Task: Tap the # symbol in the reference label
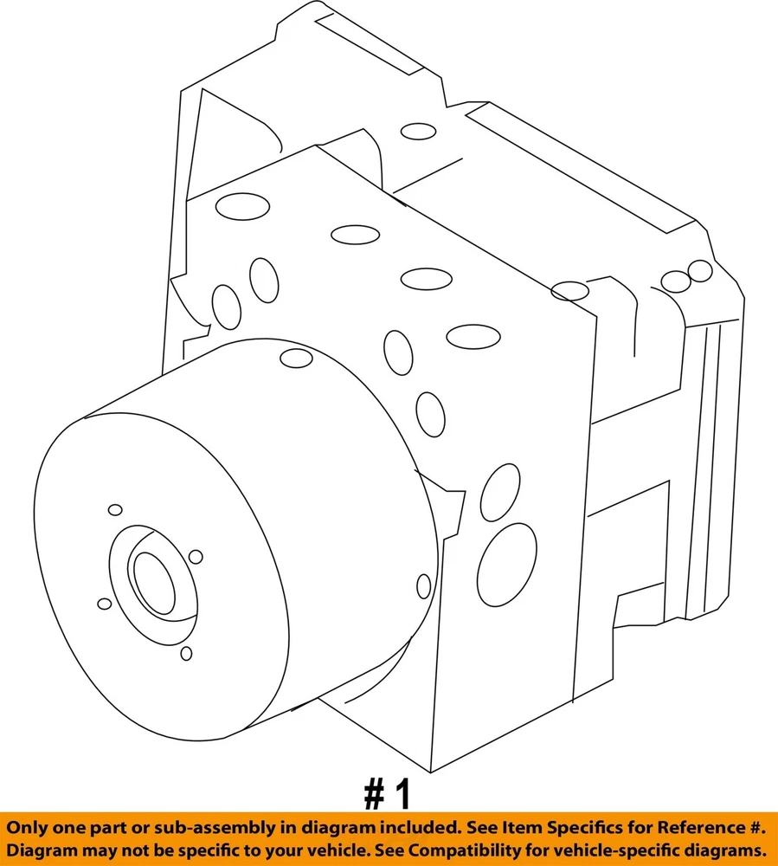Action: pyautogui.click(x=375, y=795)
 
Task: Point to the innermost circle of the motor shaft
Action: pyautogui.click(x=154, y=583)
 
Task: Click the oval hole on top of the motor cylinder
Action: pyautogui.click(x=296, y=358)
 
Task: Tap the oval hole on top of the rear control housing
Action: pyautogui.click(x=418, y=132)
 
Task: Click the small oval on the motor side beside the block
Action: pyautogui.click(x=424, y=586)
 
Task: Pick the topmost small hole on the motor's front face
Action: pyautogui.click(x=115, y=510)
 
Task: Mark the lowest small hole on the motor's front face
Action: pyautogui.click(x=187, y=653)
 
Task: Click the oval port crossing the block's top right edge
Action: pyautogui.click(x=570, y=290)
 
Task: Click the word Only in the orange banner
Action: pyautogui.click(x=26, y=827)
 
